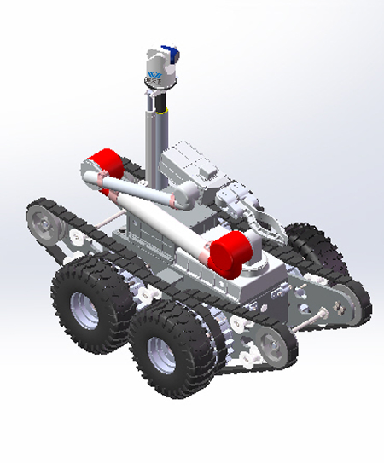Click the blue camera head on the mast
(171, 54)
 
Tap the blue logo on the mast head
(155, 78)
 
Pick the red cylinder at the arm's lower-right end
(230, 254)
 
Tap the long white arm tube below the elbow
(162, 226)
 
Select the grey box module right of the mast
(183, 162)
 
